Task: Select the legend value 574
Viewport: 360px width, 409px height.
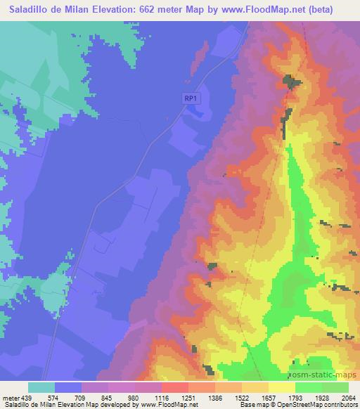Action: click(x=53, y=397)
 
